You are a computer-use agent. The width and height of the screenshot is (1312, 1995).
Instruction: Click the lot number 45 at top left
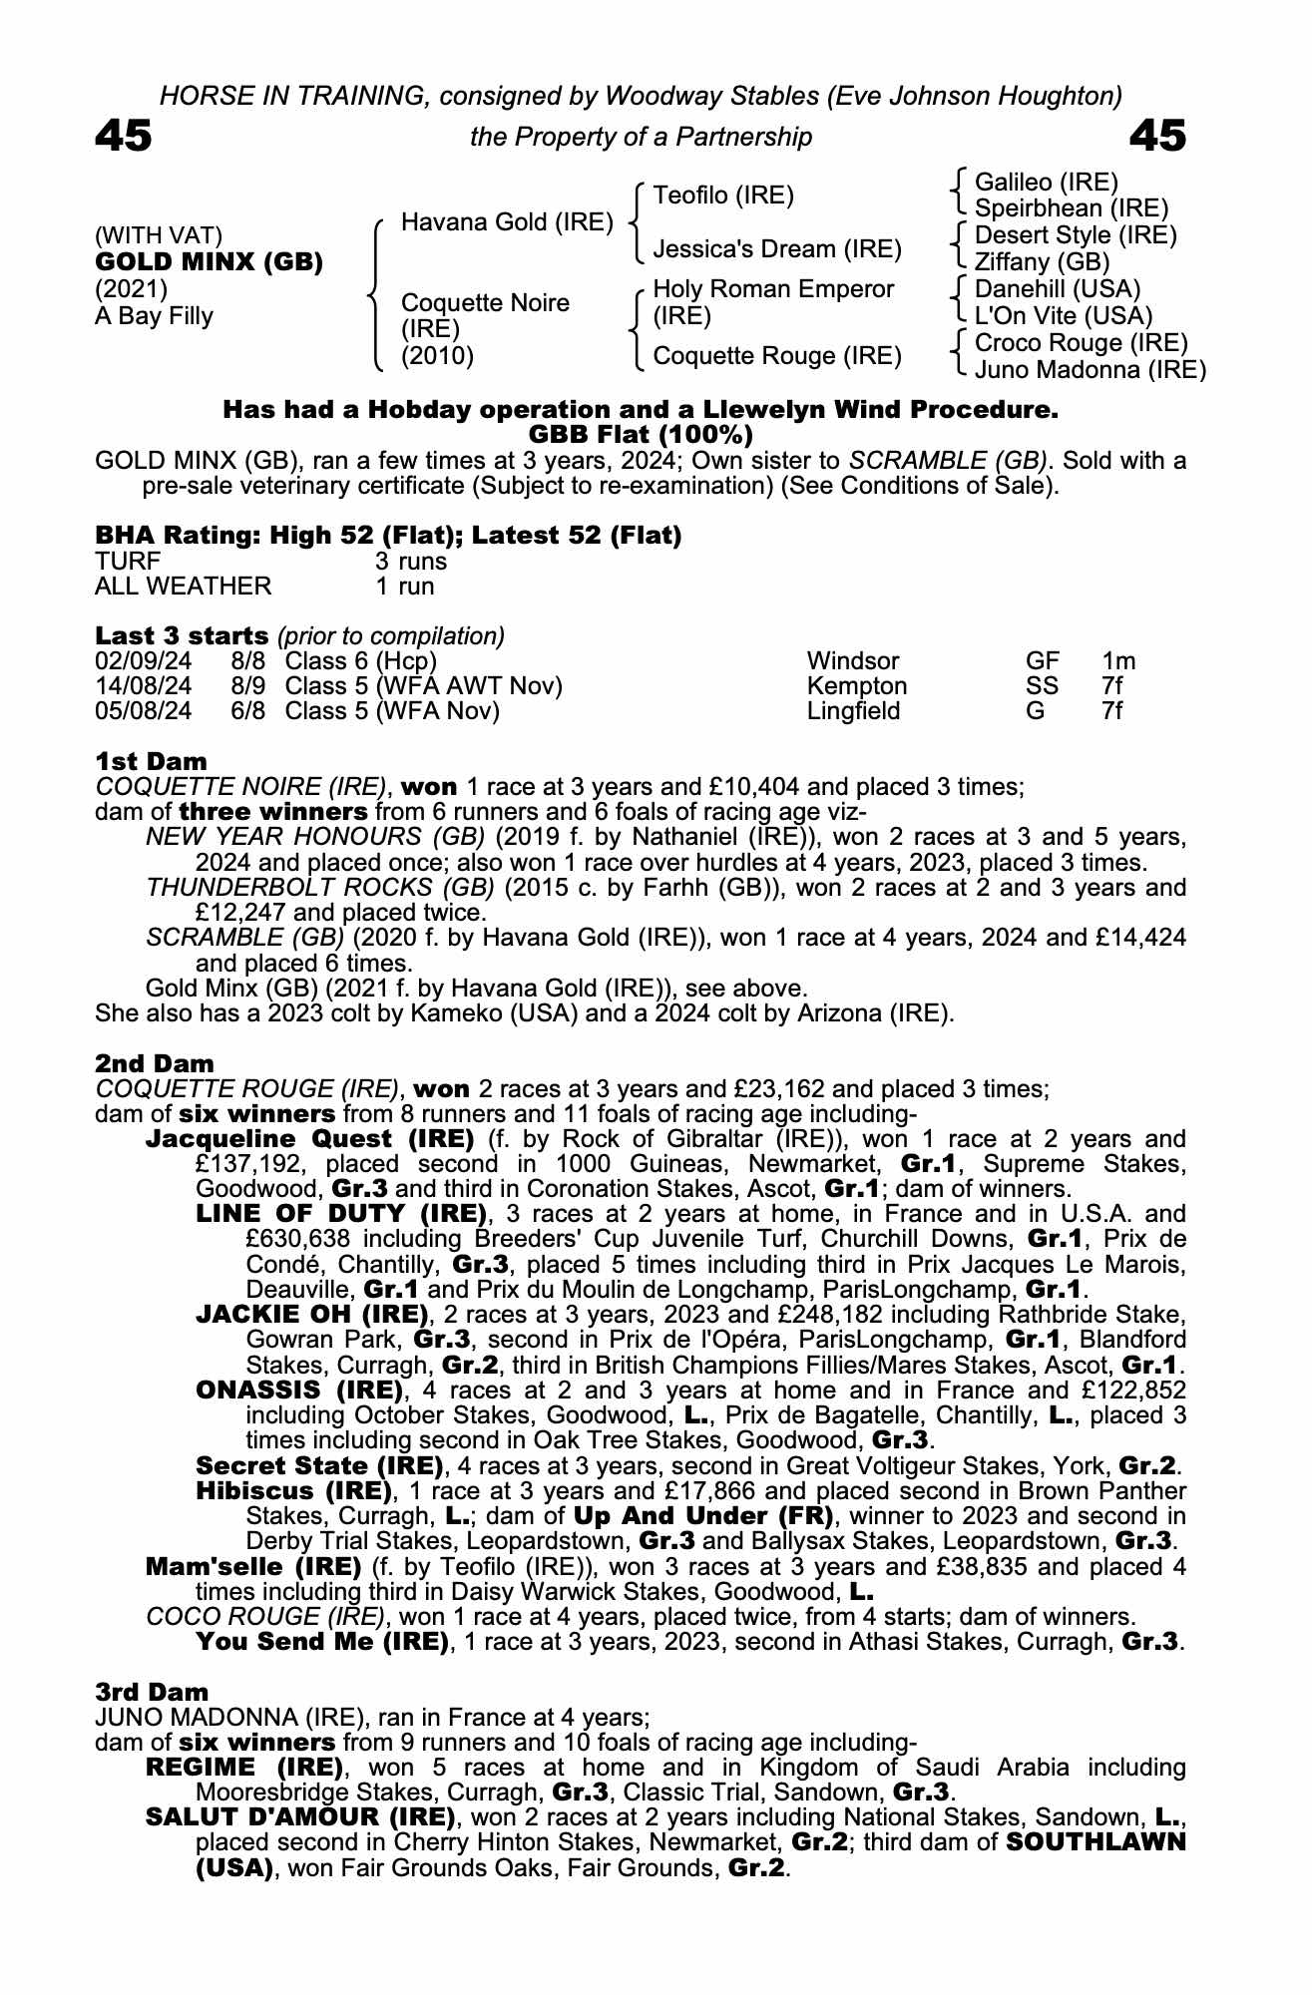click(x=124, y=136)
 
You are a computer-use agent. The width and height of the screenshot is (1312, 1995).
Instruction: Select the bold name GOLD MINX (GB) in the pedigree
click(x=209, y=262)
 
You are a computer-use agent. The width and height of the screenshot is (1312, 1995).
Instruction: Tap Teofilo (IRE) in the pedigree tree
click(x=723, y=196)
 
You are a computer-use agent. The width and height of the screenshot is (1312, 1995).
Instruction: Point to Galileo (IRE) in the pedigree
click(x=1046, y=182)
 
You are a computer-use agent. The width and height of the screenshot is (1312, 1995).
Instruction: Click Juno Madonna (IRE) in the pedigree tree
click(x=1090, y=370)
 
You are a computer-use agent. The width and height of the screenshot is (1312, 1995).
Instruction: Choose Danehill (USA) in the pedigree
click(x=1057, y=289)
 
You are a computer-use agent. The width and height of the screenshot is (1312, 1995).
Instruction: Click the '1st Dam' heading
click(x=151, y=762)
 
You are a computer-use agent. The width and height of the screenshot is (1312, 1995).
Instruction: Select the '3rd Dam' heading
click(x=152, y=1692)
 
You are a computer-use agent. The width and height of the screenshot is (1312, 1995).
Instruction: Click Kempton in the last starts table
click(x=856, y=686)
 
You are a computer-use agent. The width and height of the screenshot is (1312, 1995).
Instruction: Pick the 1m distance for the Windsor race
click(x=1118, y=661)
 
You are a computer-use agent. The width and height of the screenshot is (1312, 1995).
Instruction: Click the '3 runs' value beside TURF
click(x=411, y=561)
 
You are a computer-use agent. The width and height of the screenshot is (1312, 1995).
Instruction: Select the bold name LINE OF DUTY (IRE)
click(x=341, y=1214)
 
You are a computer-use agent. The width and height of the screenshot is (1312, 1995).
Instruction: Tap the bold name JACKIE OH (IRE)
click(x=312, y=1315)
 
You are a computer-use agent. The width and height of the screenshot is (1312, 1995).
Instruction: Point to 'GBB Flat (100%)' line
click(x=640, y=435)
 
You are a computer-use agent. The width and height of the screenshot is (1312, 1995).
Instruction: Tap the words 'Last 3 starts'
click(x=182, y=635)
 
